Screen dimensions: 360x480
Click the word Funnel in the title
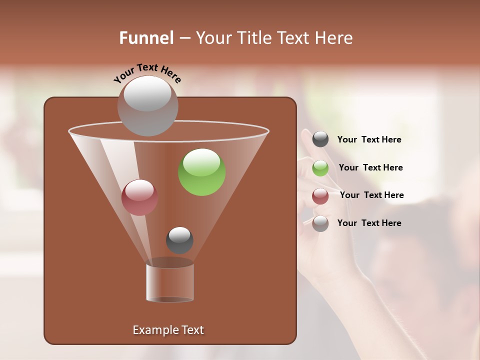pyautogui.click(x=146, y=38)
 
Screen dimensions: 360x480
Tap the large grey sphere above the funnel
pyautogui.click(x=148, y=106)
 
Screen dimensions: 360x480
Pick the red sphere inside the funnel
pyautogui.click(x=139, y=197)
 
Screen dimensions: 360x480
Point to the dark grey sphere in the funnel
pyautogui.click(x=179, y=240)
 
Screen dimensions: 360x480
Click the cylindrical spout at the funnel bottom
pyautogui.click(x=170, y=282)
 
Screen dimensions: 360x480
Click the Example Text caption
pyautogui.click(x=168, y=330)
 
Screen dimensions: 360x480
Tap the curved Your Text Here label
pyautogui.click(x=147, y=73)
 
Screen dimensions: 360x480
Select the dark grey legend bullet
pyautogui.click(x=320, y=139)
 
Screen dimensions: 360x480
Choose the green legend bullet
pyautogui.click(x=320, y=168)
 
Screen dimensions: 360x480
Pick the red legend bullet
pyautogui.click(x=320, y=196)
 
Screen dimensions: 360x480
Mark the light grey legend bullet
pyautogui.click(x=320, y=223)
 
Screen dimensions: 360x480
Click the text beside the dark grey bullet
pyautogui.click(x=369, y=140)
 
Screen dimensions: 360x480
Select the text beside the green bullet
pyautogui.click(x=370, y=167)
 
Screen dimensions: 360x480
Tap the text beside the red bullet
pyautogui.click(x=371, y=195)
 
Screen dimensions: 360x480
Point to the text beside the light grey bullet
pyautogui.click(x=369, y=223)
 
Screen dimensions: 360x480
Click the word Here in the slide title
pyautogui.click(x=333, y=38)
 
